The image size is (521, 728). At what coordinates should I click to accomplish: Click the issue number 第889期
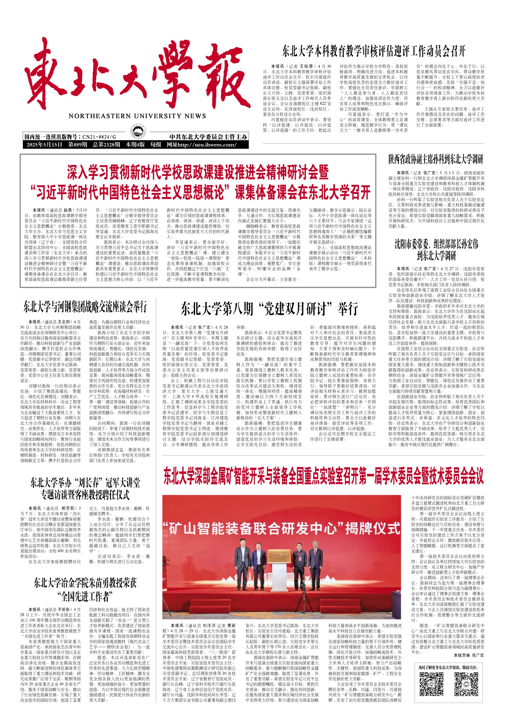pos(77,145)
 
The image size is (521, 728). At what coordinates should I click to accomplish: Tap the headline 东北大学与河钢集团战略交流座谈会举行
pos(85,307)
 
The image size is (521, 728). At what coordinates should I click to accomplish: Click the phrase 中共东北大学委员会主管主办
pos(209,137)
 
